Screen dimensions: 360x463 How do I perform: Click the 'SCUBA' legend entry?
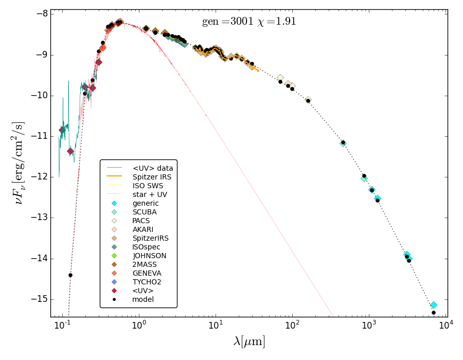point(145,212)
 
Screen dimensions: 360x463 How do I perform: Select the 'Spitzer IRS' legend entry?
point(152,177)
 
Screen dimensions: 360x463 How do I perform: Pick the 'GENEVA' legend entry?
point(147,273)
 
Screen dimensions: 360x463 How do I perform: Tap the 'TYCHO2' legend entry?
point(147,282)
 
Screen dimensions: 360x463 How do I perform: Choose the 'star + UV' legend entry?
point(150,194)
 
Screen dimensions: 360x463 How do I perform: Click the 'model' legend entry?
point(143,299)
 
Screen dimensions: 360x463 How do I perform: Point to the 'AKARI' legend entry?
point(143,229)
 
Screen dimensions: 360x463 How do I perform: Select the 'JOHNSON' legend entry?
point(149,256)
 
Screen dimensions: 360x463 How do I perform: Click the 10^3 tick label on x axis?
point(369,325)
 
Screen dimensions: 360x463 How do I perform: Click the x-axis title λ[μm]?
point(249,341)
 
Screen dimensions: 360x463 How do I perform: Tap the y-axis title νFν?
point(19,163)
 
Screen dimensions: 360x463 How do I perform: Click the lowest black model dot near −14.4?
point(70,275)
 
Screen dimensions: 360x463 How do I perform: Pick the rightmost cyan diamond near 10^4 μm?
point(434,305)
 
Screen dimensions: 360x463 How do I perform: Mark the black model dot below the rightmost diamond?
point(434,313)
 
